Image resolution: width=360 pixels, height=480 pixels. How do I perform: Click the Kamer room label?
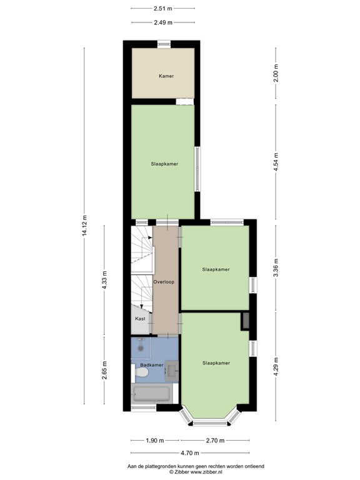(x=166, y=76)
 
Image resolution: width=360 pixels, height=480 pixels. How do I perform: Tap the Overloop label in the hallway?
(x=164, y=282)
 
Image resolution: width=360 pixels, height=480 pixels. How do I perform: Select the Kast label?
(x=140, y=319)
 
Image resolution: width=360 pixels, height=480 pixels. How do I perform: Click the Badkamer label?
(x=152, y=365)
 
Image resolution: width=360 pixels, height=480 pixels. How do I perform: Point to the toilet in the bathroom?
(x=141, y=372)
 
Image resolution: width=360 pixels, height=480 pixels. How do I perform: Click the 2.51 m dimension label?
(x=162, y=9)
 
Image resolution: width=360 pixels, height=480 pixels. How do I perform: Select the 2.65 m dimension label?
(x=105, y=372)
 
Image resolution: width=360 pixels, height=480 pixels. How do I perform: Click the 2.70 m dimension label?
(x=215, y=440)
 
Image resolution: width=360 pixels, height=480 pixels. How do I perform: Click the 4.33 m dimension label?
(x=105, y=279)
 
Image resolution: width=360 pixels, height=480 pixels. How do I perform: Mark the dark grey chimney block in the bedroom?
(x=245, y=321)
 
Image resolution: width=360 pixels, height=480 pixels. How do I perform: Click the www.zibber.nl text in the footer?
(x=201, y=472)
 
